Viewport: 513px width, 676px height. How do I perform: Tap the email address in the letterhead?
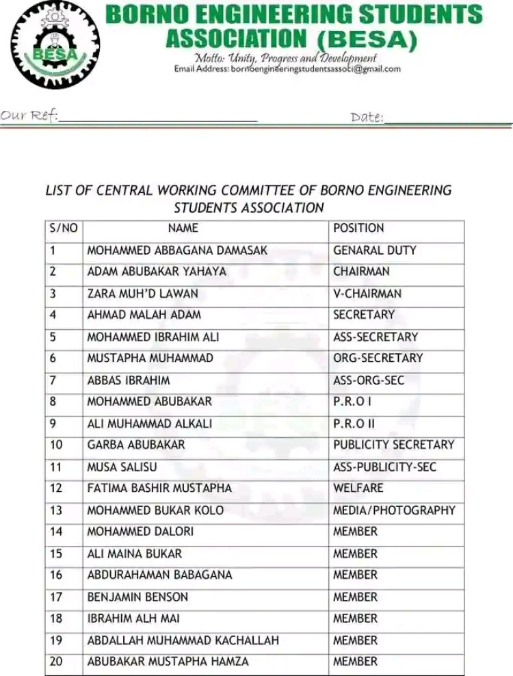pyautogui.click(x=287, y=69)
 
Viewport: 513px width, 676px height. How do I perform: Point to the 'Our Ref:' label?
pyautogui.click(x=29, y=115)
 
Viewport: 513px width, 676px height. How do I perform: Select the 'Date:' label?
pyautogui.click(x=367, y=117)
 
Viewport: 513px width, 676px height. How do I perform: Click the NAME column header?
pyautogui.click(x=183, y=229)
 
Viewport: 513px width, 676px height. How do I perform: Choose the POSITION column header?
pyautogui.click(x=358, y=229)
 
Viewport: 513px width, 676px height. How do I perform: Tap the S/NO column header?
pyautogui.click(x=64, y=229)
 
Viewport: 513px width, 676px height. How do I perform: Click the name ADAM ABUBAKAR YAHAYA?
pyautogui.click(x=157, y=272)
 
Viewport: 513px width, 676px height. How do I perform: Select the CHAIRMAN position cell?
pyautogui.click(x=361, y=272)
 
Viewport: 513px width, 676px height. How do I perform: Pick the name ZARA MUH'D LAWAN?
pyautogui.click(x=142, y=294)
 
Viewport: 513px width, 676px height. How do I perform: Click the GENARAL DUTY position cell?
pyautogui.click(x=374, y=250)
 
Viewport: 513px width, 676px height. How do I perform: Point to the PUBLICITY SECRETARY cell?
pyautogui.click(x=393, y=445)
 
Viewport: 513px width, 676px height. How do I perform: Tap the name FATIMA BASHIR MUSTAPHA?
pyautogui.click(x=159, y=488)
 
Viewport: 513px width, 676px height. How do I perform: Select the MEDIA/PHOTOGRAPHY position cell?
pyautogui.click(x=394, y=510)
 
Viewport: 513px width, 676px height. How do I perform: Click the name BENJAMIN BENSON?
pyautogui.click(x=137, y=597)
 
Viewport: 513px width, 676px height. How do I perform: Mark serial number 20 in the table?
pyautogui.click(x=56, y=662)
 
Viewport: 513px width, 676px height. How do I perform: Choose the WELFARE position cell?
pyautogui.click(x=358, y=488)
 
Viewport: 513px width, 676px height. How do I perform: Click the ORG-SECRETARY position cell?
pyautogui.click(x=378, y=358)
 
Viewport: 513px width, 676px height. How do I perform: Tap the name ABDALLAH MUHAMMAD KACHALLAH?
pyautogui.click(x=183, y=640)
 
